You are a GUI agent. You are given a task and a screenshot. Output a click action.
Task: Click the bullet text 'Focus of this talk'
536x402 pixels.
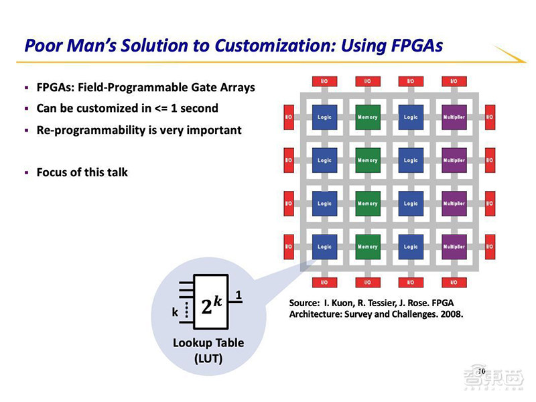[82, 172]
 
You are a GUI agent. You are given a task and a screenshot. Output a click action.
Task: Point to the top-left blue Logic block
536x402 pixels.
[325, 117]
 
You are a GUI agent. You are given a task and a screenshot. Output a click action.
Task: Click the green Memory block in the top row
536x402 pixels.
[368, 117]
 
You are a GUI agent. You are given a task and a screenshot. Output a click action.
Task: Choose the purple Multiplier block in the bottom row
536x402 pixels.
[454, 247]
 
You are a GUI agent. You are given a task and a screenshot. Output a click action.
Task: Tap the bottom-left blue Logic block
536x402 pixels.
[325, 247]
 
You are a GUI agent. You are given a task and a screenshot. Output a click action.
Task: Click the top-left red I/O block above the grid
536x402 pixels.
[325, 82]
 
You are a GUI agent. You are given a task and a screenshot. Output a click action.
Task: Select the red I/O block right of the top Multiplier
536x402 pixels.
[490, 117]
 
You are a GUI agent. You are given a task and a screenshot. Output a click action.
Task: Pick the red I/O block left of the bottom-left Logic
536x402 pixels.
[289, 247]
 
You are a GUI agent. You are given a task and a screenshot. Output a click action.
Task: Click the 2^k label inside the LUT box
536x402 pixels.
[212, 306]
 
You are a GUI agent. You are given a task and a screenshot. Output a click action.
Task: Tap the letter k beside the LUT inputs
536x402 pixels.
[175, 312]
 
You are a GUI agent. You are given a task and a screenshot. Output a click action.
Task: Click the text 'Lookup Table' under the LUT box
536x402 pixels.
[208, 343]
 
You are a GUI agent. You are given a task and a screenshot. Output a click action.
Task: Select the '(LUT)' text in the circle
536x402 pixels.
[208, 358]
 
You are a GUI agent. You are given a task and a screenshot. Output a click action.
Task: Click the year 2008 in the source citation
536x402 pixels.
[450, 314]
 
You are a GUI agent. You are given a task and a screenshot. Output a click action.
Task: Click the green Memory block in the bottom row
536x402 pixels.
[368, 247]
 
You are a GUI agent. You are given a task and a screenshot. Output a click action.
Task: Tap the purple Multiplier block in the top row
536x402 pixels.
[454, 117]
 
